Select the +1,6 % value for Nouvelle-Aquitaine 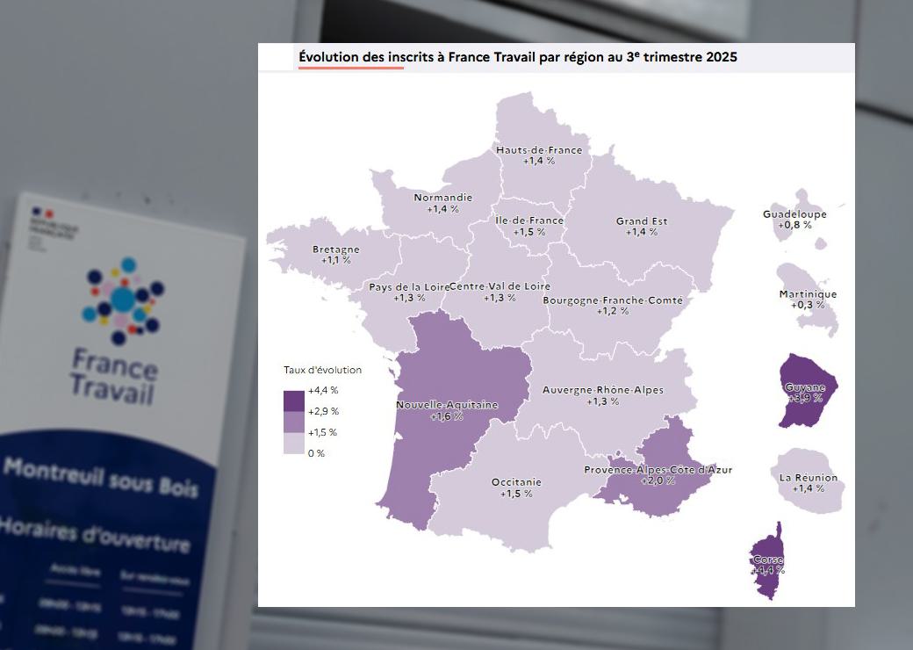click(447, 416)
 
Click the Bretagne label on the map click(336, 249)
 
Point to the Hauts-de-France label click(539, 150)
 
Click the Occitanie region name click(516, 482)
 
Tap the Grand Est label click(642, 221)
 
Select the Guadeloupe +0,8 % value click(794, 225)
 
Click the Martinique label click(808, 294)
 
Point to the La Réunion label click(809, 478)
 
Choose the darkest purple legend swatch click(293, 401)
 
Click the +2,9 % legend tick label click(323, 411)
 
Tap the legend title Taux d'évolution click(322, 370)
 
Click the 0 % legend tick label click(316, 453)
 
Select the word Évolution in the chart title click(328, 57)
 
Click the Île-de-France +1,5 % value click(529, 232)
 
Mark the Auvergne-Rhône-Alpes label click(603, 390)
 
